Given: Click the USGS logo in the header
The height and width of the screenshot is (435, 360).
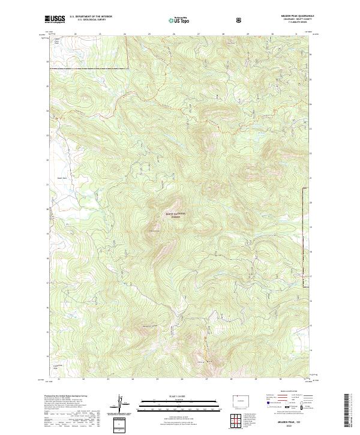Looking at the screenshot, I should [x=55, y=20].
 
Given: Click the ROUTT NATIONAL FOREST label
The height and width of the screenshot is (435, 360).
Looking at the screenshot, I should [x=175, y=215].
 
